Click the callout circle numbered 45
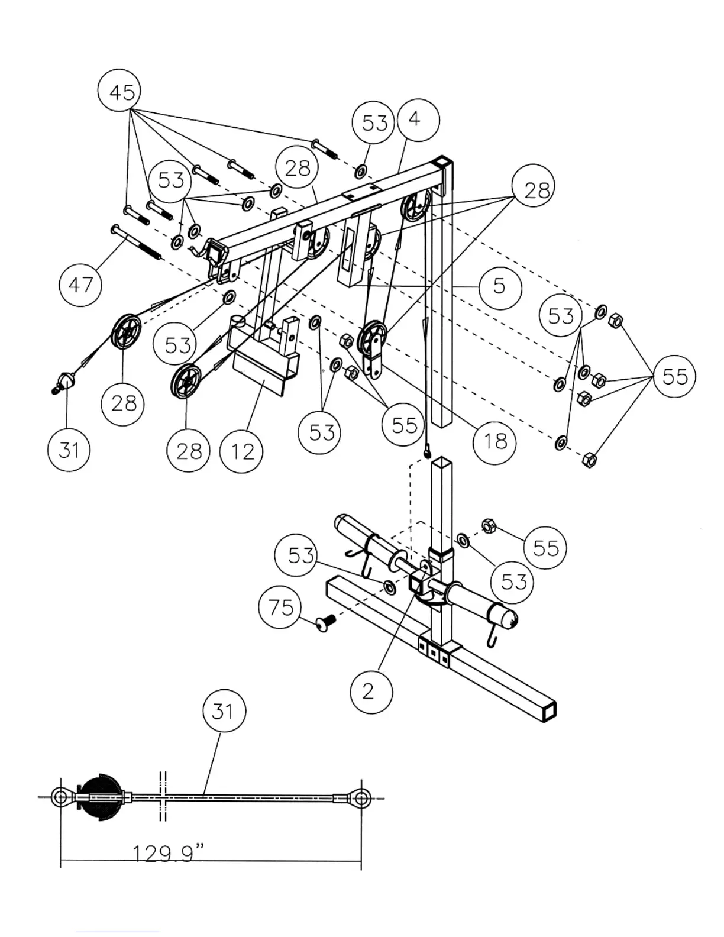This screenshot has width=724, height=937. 122,92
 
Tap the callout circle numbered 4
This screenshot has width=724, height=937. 418,119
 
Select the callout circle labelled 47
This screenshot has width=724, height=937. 80,285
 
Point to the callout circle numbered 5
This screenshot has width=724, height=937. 500,287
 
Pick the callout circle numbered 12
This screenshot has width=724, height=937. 241,451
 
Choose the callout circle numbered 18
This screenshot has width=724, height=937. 494,441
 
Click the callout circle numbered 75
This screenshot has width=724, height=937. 280,607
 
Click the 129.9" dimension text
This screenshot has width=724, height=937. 168,854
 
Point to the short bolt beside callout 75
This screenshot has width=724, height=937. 325,621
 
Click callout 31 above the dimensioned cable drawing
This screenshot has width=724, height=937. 223,710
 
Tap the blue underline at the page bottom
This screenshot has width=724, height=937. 117,932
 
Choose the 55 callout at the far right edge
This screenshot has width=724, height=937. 675,376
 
